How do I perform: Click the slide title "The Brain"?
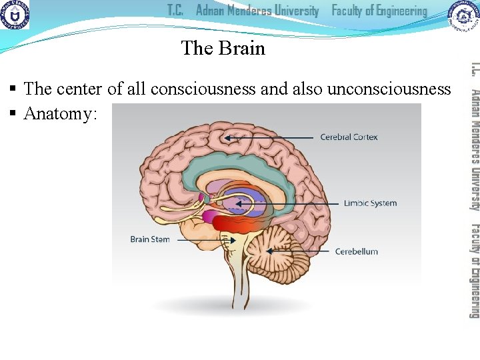(223, 48)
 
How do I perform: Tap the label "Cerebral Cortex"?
(349, 137)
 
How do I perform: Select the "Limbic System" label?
(370, 203)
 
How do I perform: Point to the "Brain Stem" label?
(150, 239)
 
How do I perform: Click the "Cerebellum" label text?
(356, 251)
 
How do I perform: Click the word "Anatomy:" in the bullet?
(61, 114)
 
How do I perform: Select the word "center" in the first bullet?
(79, 89)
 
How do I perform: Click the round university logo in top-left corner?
(15, 15)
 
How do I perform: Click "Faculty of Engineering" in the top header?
(379, 11)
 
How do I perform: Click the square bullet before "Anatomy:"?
(13, 115)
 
